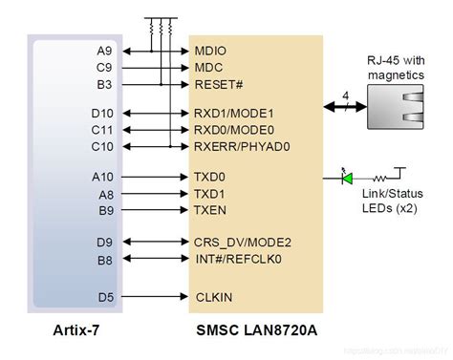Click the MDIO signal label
210,50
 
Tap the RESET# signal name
215,84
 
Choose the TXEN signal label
209,209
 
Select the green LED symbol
348,178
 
